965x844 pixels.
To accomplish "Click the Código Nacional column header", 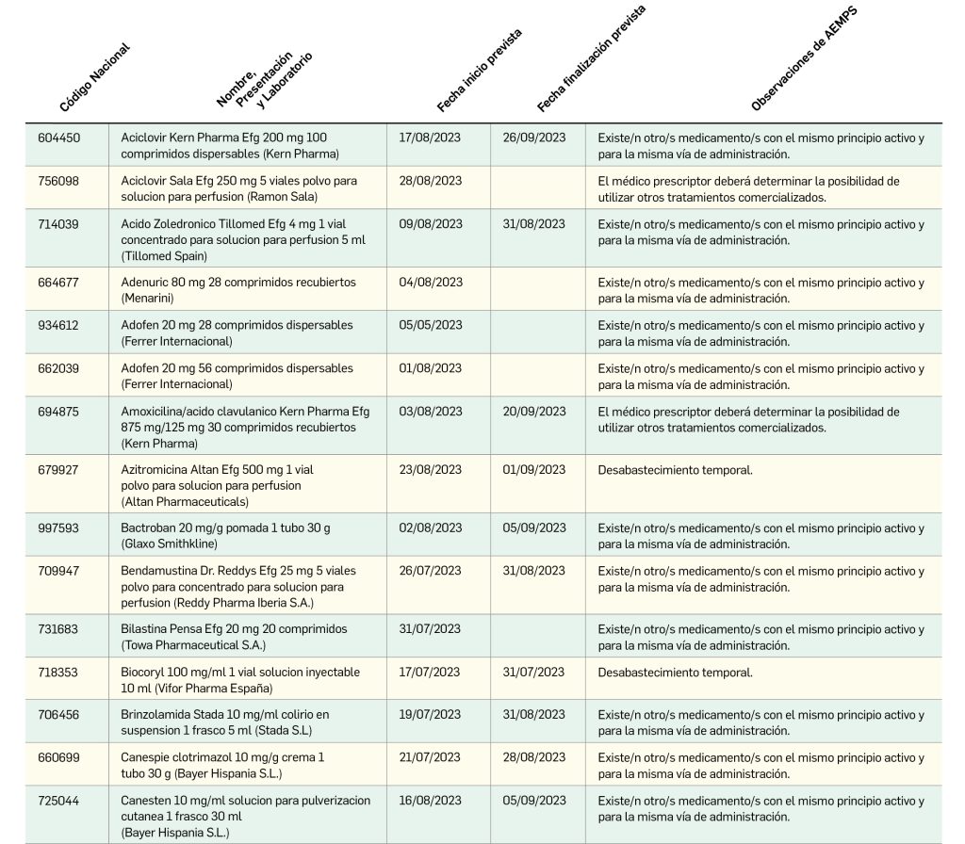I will tap(93, 77).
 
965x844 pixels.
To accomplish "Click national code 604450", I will tap(58, 138).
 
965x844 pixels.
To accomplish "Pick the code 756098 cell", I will tap(58, 181).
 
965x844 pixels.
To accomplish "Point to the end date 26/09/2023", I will tap(533, 138).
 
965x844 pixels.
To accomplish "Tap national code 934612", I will tap(58, 325).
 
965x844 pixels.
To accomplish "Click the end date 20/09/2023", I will tap(533, 412).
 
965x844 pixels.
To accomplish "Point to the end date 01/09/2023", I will tap(533, 470).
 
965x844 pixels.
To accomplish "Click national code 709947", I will tap(58, 572).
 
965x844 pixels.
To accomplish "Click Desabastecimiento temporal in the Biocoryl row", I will tap(676, 673).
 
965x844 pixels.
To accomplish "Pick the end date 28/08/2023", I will tap(533, 757).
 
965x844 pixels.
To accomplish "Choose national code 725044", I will tap(58, 801).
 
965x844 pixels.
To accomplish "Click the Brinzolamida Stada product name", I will tap(225, 722).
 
